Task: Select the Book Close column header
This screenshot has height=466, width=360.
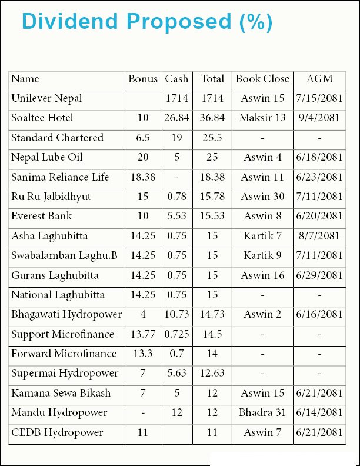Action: [x=262, y=79]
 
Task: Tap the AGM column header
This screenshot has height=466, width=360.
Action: [x=319, y=79]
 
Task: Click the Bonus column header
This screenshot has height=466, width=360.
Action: [x=143, y=79]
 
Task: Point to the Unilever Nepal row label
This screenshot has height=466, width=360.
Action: [x=46, y=98]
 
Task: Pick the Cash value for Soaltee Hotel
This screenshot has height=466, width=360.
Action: [x=176, y=118]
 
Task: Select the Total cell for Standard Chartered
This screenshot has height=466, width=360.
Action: [x=212, y=138]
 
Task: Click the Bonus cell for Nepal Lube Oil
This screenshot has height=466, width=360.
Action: [x=143, y=157]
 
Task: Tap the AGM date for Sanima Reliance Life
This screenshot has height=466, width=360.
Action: [x=319, y=177]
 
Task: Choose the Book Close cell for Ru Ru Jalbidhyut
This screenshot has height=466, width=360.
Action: [x=262, y=197]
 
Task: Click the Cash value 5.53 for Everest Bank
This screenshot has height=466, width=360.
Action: [x=176, y=216]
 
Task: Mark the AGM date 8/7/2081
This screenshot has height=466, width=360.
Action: [x=319, y=236]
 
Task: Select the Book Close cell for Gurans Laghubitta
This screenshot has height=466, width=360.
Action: [x=262, y=275]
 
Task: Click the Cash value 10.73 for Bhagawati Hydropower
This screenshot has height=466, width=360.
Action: [x=176, y=314]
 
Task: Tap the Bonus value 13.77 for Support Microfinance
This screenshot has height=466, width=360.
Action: [x=143, y=334]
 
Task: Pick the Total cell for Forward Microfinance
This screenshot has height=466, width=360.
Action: [x=212, y=354]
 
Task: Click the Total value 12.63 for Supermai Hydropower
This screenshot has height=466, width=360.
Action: [x=212, y=373]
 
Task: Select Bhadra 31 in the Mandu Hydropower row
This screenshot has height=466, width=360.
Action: [x=262, y=412]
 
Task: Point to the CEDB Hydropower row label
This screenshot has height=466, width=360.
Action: [x=57, y=432]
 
